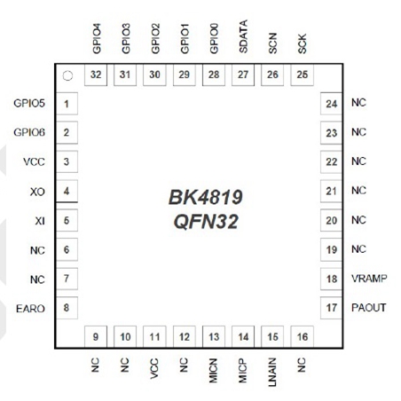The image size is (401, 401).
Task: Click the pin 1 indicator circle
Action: pos(67,76)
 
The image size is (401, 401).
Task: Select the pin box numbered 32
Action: pos(96,75)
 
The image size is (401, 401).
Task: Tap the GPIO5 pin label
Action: pos(29,103)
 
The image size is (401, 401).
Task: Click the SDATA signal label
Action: pos(243,36)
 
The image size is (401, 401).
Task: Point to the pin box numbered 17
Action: pos(332,308)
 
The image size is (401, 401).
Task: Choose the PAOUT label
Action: pos(369,308)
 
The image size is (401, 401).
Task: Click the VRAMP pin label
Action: pos(369,279)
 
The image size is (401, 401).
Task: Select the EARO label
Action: pos(30,309)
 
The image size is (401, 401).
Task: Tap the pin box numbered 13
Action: pos(214,336)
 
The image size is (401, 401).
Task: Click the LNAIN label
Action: pos(272,372)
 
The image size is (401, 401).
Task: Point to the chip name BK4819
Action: pos(206,197)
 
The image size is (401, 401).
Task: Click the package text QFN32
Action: pos(206,222)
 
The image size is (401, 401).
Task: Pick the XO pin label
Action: pos(37,192)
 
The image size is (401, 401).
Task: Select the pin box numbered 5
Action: pos(67,220)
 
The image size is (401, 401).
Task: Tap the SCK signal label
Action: pos(302,43)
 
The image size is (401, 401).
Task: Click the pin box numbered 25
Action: pos(303,75)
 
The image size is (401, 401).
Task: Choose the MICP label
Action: pos(243,371)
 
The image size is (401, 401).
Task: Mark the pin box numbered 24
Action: pos(332,104)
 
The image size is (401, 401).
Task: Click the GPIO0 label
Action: pos(214,38)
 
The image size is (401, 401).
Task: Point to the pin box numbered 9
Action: pos(96,336)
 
